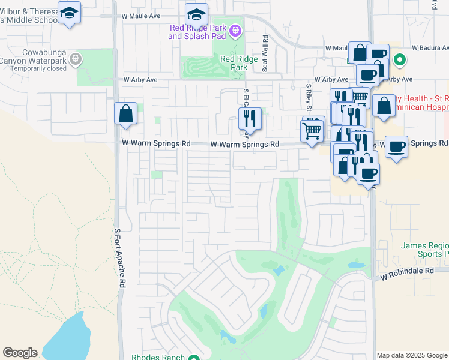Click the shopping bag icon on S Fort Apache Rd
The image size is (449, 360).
125,113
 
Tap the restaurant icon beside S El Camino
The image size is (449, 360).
250,118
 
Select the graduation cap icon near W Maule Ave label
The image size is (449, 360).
196,14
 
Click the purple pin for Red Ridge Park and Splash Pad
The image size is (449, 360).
235,29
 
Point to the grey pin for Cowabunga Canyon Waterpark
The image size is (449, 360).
75,58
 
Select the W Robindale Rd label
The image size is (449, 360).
407,271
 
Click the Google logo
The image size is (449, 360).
20,353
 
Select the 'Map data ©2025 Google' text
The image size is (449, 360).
412,355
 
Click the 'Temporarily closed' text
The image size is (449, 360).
38,68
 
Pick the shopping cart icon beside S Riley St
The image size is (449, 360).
312,130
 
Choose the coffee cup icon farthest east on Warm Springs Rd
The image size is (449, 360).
396,147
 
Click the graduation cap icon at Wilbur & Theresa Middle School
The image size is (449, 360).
70,12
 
